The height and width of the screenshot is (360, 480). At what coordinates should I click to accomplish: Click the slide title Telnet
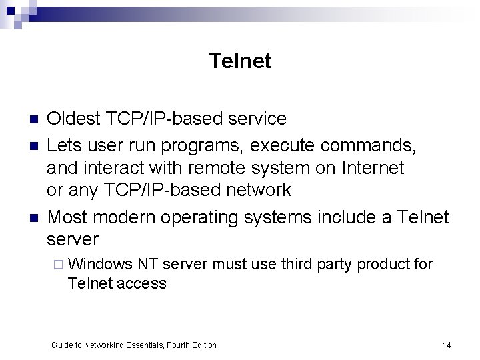[x=240, y=61]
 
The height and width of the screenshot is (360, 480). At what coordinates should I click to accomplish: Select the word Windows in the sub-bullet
[x=101, y=265]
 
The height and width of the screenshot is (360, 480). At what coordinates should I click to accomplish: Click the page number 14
[x=447, y=345]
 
